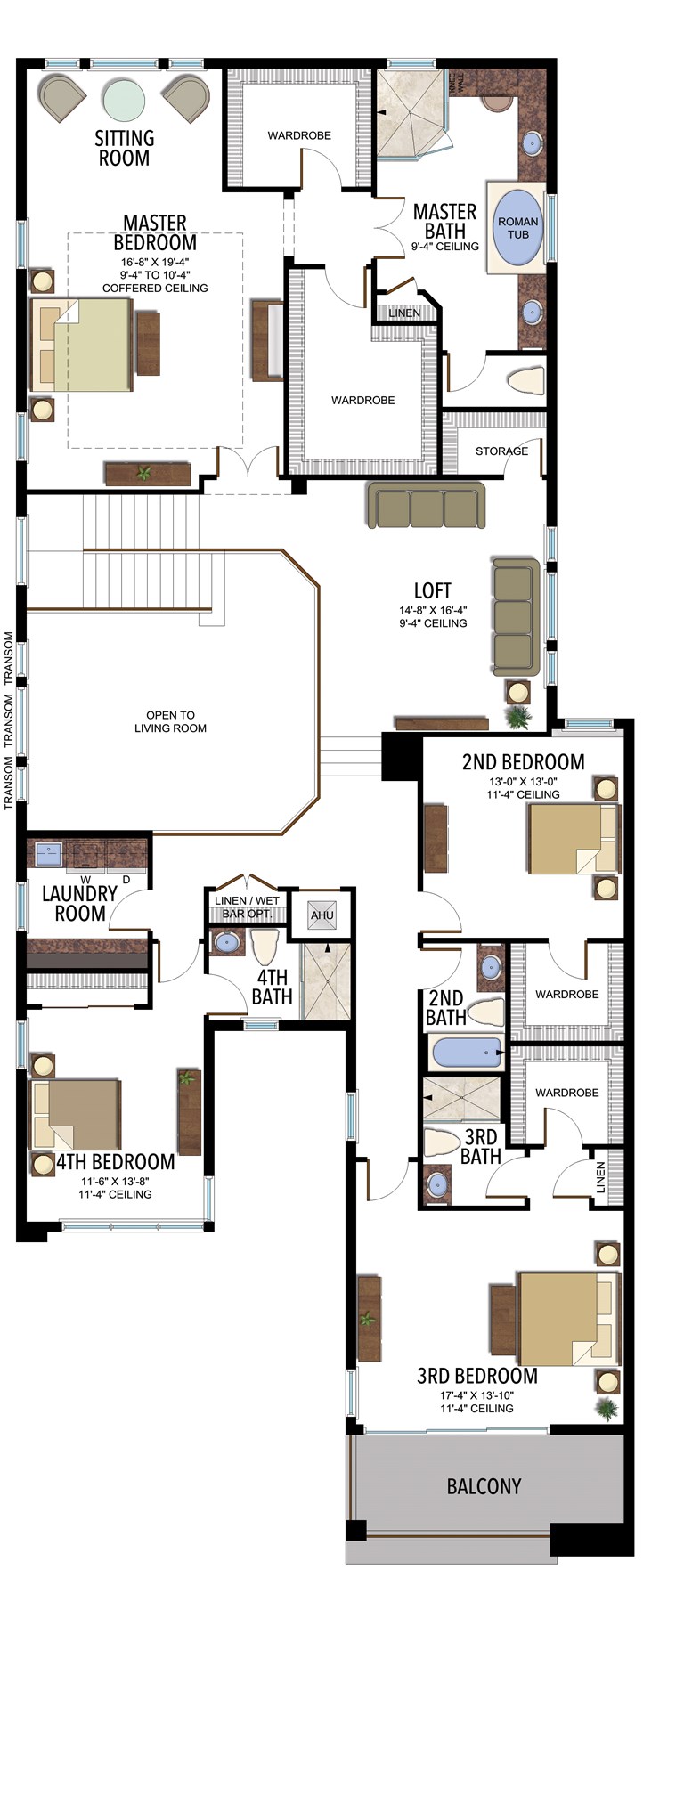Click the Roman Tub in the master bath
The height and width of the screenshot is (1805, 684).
517,227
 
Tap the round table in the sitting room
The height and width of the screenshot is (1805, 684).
124,99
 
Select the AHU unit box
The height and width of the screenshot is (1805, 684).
322,915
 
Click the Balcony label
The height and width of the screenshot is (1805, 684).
484,1485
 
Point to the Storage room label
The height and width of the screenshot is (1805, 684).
501,451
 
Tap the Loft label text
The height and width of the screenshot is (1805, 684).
432,590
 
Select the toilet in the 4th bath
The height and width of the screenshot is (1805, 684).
265,947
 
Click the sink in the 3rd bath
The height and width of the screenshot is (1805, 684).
437,1184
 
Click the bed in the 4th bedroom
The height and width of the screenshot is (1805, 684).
76,1114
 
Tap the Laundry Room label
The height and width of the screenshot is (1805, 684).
80,903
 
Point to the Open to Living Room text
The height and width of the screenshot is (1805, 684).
170,721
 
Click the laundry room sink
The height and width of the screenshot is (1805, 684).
48,854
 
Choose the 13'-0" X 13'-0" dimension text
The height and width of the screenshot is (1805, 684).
523,781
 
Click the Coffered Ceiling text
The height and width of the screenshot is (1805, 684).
155,288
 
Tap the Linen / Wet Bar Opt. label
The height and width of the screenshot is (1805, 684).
247,907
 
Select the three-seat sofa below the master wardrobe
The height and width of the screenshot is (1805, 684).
426,506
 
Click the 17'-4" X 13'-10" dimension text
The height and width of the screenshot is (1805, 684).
476,1395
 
